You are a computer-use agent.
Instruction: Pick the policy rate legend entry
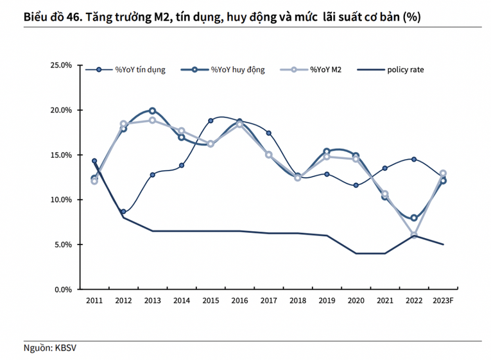tap(405, 69)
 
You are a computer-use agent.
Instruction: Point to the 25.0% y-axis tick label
tap(62, 65)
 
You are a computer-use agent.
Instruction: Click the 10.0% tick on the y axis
tap(62, 200)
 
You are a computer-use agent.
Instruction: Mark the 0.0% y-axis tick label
tap(64, 289)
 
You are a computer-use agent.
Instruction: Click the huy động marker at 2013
tap(152, 110)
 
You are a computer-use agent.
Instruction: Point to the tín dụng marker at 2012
tap(123, 212)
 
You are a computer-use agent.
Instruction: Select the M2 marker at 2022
tap(414, 235)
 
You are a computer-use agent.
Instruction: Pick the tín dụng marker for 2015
tap(211, 121)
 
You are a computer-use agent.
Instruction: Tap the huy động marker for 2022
tap(414, 218)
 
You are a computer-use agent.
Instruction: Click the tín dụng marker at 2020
tap(356, 185)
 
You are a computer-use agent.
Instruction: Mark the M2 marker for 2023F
tap(443, 173)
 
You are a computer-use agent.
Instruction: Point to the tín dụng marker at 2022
tap(414, 159)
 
